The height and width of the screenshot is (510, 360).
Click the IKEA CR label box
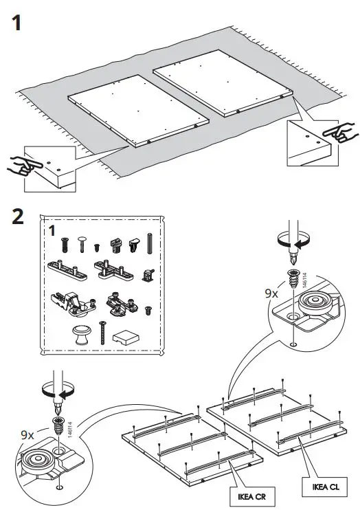[252, 497]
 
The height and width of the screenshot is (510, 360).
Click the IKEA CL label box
[325, 487]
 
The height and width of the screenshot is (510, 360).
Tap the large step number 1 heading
[16, 23]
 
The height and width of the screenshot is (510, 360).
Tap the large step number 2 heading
[18, 217]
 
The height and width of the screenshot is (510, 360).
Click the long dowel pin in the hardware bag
[150, 243]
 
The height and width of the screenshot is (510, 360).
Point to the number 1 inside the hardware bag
[52, 231]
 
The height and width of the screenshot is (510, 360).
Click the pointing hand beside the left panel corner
[25, 164]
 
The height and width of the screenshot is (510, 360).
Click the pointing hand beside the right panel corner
[340, 132]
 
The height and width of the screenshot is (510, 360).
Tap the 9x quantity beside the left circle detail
[27, 435]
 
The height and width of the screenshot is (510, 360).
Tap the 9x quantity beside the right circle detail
[271, 293]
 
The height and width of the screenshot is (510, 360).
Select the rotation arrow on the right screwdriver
[293, 240]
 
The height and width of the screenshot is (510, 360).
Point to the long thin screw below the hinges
[103, 333]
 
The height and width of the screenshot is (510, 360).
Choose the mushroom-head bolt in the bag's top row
[82, 244]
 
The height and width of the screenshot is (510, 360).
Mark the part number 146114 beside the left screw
[70, 430]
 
